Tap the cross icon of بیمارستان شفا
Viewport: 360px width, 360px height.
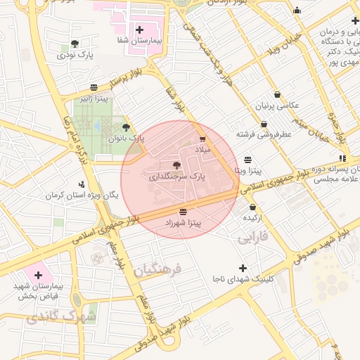click(139, 30)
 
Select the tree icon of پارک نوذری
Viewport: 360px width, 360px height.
click(75, 44)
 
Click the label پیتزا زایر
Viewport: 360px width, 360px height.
click(93, 98)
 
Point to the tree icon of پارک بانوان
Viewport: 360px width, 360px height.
click(126, 127)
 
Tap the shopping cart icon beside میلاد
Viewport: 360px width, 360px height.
click(203, 139)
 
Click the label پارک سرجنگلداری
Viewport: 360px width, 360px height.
click(176, 179)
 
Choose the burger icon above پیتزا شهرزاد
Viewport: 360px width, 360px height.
click(184, 211)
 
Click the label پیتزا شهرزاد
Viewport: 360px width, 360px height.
click(184, 222)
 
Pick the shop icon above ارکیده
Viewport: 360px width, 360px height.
click(253, 207)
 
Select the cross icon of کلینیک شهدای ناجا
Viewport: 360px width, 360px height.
click(243, 268)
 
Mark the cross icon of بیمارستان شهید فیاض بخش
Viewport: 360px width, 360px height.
click(38, 274)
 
